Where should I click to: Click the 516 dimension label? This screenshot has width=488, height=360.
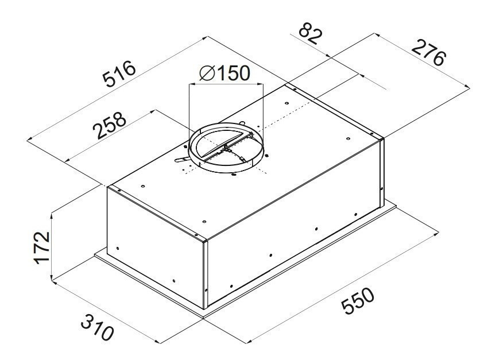point(119,74)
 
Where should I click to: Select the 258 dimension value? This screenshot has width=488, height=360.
point(110,125)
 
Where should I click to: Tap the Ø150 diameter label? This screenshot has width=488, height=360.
point(224,73)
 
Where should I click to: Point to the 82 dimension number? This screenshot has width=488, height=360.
point(309,36)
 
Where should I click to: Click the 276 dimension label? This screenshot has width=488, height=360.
point(428,53)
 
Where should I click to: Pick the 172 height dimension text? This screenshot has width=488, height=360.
point(42,248)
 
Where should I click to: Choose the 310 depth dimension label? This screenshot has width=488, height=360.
point(97,327)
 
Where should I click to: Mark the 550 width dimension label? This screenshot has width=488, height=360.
point(357,301)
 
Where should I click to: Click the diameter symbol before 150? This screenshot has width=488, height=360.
point(207,73)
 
